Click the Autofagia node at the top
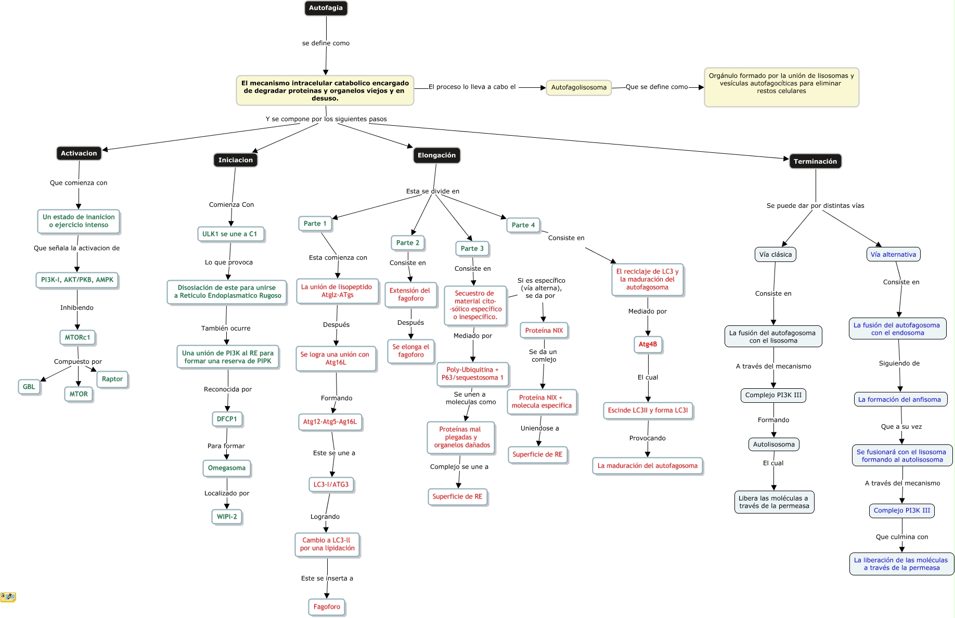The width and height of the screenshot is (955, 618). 326,8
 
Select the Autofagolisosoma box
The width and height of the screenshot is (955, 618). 578,87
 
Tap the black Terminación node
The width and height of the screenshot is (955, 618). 815,162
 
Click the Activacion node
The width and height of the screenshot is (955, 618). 79,153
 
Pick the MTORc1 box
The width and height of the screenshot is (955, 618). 78,337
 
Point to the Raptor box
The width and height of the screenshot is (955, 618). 112,379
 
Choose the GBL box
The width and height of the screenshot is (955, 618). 29,387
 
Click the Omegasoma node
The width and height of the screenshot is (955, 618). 227,468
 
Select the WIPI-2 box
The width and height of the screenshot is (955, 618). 227,517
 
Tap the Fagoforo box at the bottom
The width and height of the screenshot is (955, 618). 327,607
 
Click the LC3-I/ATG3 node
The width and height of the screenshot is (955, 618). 331,484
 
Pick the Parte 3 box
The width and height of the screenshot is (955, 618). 472,248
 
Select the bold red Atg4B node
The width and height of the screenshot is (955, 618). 648,344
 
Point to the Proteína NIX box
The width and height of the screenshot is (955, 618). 544,331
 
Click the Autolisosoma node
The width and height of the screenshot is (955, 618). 773,444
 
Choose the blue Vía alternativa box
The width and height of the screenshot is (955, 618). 893,255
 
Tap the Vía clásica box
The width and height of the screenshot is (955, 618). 775,255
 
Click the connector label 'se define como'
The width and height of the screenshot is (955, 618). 326,43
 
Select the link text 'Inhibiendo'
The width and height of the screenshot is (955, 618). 77,308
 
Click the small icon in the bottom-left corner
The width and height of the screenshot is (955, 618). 8,597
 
